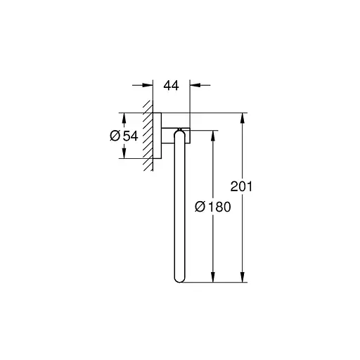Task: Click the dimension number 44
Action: click(x=171, y=86)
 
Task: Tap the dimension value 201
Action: click(x=241, y=187)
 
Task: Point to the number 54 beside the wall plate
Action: click(x=129, y=136)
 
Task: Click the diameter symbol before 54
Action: click(x=115, y=136)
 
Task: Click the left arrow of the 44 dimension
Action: click(x=148, y=86)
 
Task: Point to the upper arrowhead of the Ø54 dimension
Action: click(x=124, y=117)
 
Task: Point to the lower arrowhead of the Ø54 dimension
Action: click(x=124, y=154)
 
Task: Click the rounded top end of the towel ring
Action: click(x=180, y=134)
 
